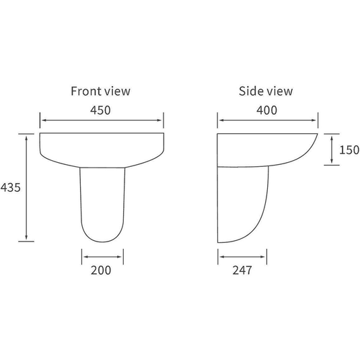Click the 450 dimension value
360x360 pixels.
click(x=100, y=110)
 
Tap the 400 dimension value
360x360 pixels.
click(x=266, y=110)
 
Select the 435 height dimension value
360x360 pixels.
click(x=10, y=187)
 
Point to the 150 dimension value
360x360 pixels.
click(x=349, y=150)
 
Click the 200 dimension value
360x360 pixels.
click(x=101, y=271)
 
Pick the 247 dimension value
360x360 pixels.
click(x=242, y=271)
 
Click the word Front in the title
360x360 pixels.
click(x=85, y=91)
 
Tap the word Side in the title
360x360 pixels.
click(x=250, y=91)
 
